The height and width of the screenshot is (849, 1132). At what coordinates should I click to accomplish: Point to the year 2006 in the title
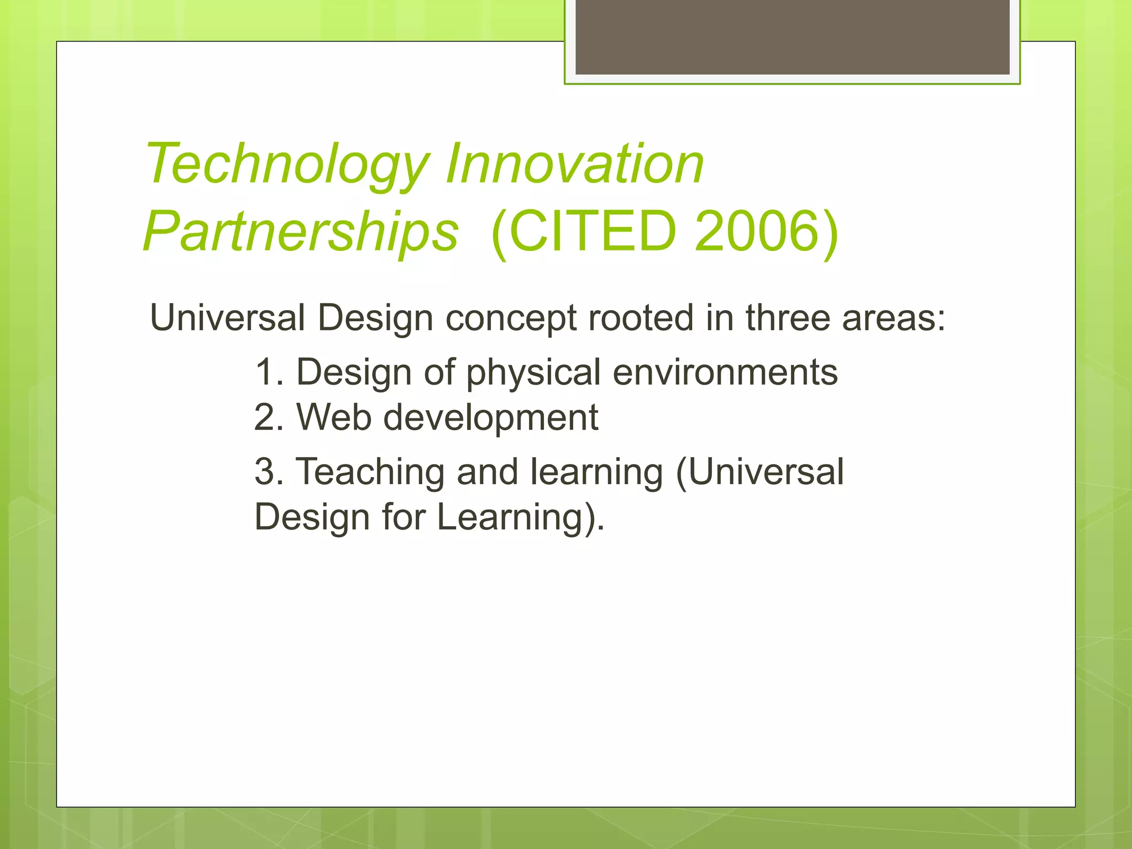tap(757, 230)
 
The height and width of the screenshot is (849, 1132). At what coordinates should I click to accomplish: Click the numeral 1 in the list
tap(265, 372)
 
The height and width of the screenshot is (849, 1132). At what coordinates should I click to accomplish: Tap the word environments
tap(725, 372)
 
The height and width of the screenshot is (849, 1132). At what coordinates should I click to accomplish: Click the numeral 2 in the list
tap(266, 417)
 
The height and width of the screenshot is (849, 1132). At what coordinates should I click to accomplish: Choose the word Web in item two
tap(334, 417)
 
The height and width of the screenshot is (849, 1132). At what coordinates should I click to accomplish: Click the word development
tap(491, 418)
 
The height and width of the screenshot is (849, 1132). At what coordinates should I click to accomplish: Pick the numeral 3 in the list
tap(266, 472)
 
